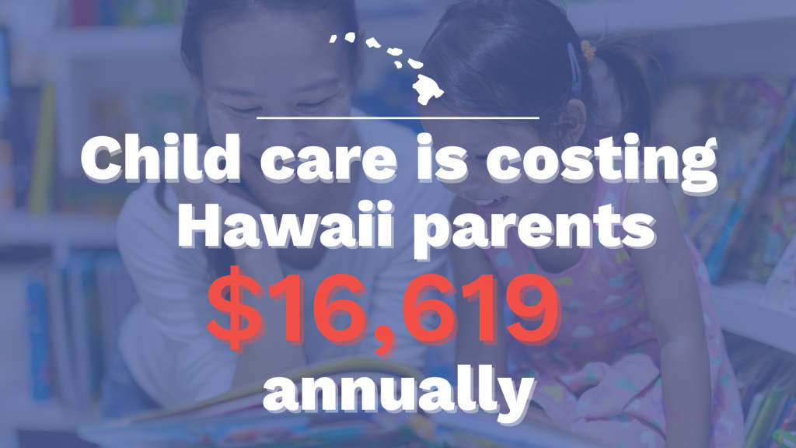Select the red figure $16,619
384,310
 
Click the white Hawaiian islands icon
387,68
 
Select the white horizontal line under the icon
398,118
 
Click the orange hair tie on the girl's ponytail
588,51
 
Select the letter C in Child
102,159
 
